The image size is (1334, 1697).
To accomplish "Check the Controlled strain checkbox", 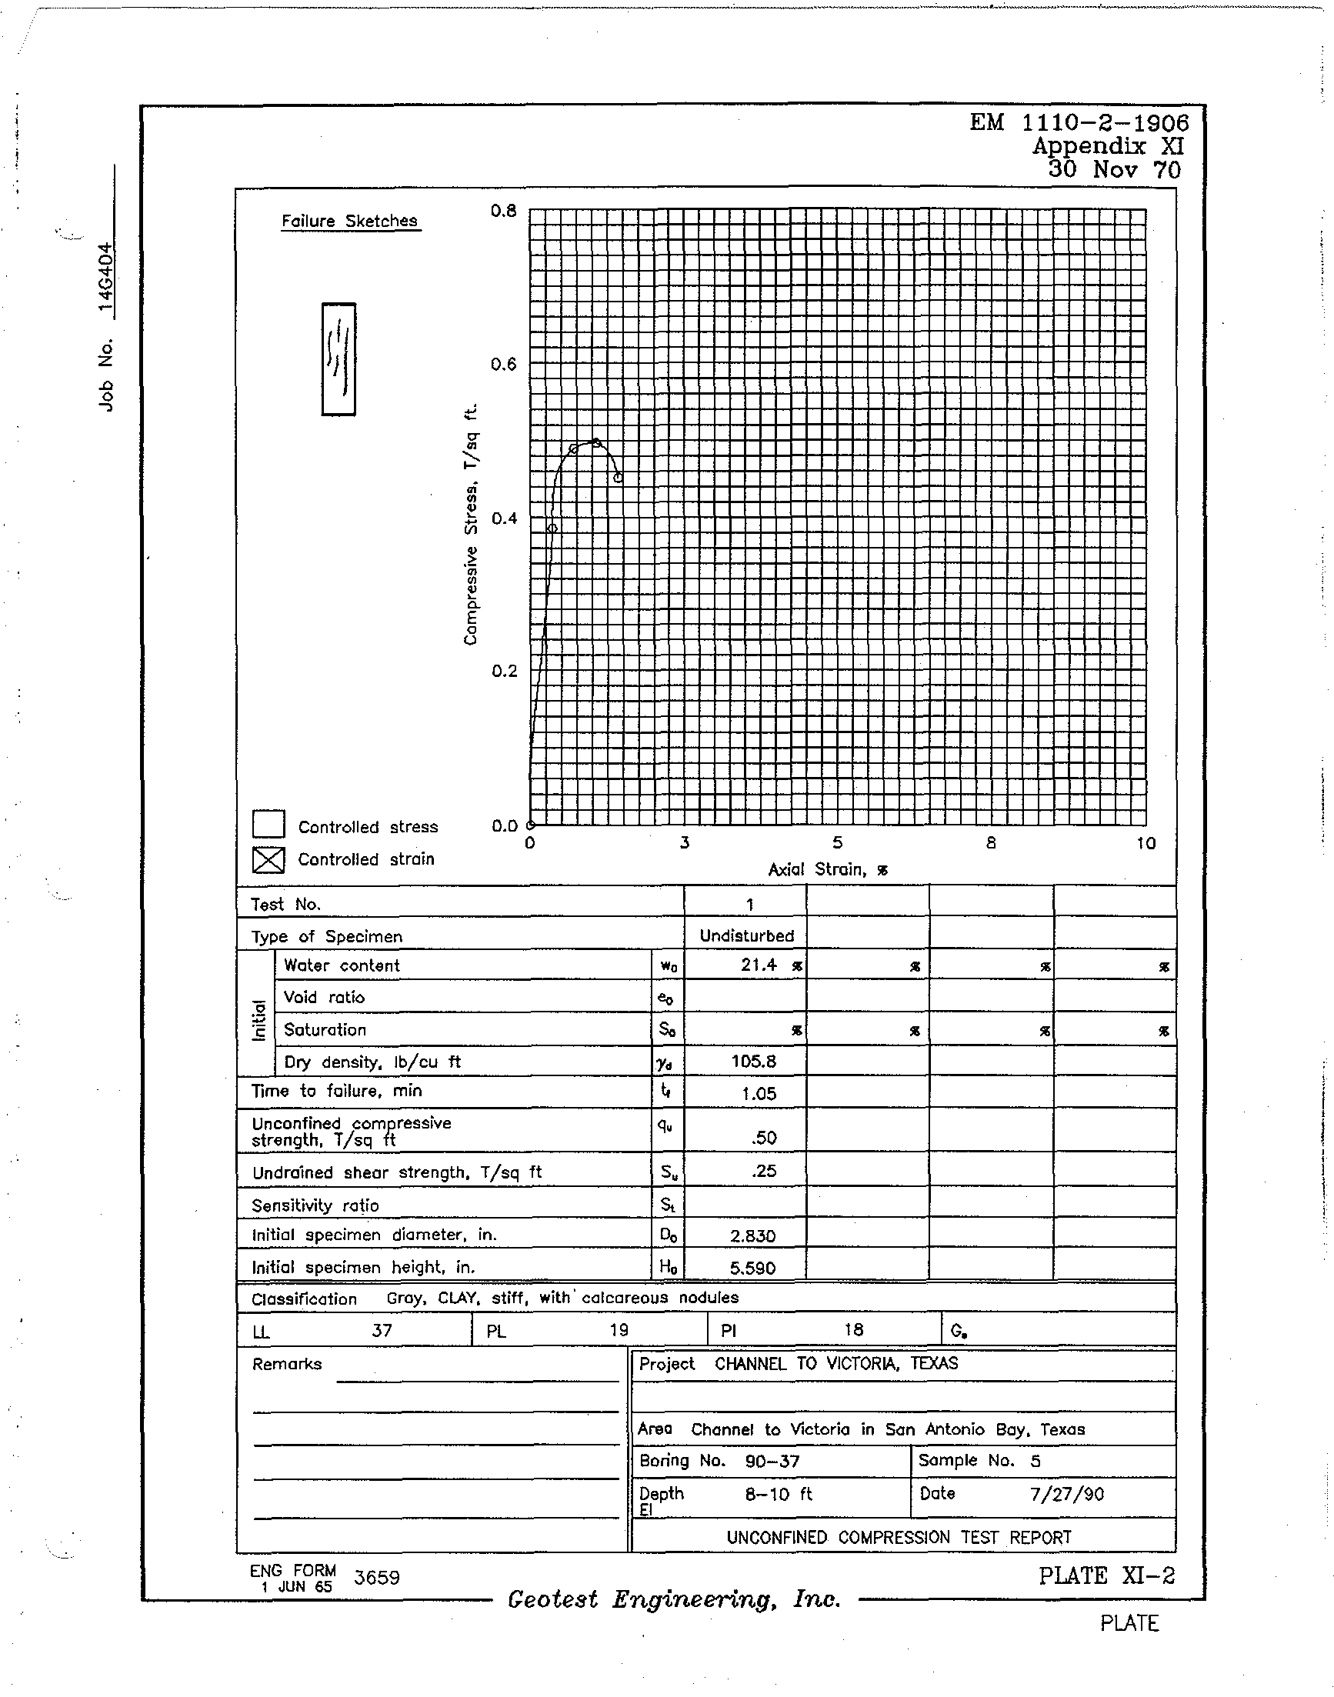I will tap(268, 860).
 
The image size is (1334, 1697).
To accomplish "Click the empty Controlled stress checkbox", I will tap(268, 825).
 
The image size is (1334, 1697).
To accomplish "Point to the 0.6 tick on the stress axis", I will tap(504, 365).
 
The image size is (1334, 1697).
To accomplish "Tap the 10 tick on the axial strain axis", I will tap(1145, 843).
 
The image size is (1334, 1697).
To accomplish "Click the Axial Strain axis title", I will tap(828, 869).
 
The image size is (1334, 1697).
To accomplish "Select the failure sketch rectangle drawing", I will tap(339, 359).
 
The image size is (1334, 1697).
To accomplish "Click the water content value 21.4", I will tap(759, 965).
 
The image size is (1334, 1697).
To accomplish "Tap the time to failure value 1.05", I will tap(759, 1094).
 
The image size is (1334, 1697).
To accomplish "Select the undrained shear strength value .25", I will tap(763, 1171).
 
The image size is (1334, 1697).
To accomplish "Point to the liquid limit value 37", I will tap(381, 1330).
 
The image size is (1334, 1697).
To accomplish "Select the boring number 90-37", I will tap(772, 1461).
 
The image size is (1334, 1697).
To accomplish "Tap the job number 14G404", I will tap(106, 278).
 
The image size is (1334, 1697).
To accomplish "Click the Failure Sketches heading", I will tap(349, 221).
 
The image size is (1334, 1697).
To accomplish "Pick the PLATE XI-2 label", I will tap(1106, 1576).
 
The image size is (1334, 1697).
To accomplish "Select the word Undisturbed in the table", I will tap(747, 935).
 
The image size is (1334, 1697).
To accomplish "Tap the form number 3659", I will tap(376, 1578).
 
